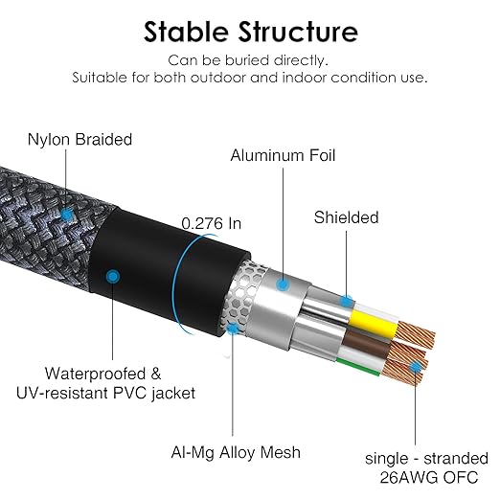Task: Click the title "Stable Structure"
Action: pyautogui.click(x=251, y=32)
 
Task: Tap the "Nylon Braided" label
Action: pyautogui.click(x=80, y=140)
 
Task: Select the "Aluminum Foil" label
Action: pyautogui.click(x=283, y=155)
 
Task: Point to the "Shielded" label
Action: pyautogui.click(x=346, y=217)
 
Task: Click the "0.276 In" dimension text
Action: pyautogui.click(x=212, y=223)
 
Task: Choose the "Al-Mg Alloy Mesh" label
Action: pyautogui.click(x=236, y=452)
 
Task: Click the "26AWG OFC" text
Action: pyautogui.click(x=429, y=478)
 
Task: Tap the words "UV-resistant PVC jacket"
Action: pyautogui.click(x=105, y=393)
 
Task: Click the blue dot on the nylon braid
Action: pyautogui.click(x=67, y=215)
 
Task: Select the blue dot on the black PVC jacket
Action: pyautogui.click(x=113, y=277)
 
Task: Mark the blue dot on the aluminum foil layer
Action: pyautogui.click(x=283, y=284)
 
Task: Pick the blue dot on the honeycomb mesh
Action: pyautogui.click(x=233, y=329)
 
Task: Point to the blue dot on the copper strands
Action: pyautogui.click(x=416, y=367)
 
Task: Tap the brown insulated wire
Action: pyautogui.click(x=367, y=344)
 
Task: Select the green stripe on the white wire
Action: pyautogui.click(x=358, y=367)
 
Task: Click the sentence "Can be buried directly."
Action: pyautogui.click(x=248, y=60)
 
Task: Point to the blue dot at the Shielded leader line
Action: pyautogui.click(x=347, y=301)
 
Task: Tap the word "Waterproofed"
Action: pyautogui.click(x=95, y=374)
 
